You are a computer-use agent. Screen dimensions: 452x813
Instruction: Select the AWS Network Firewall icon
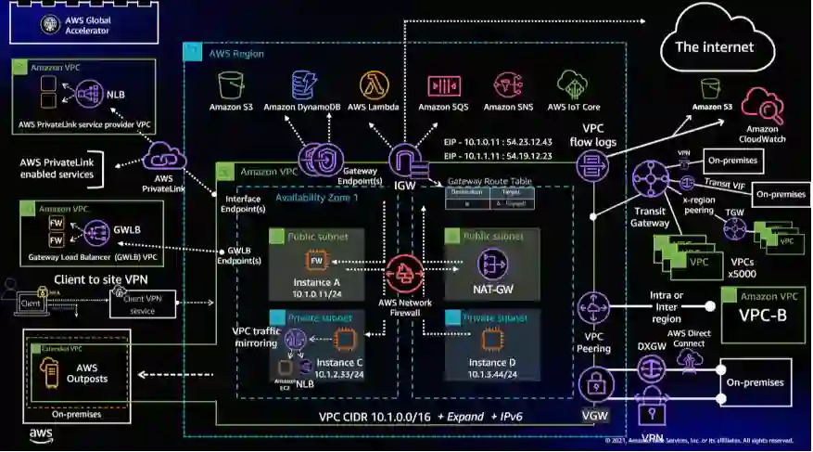click(x=405, y=274)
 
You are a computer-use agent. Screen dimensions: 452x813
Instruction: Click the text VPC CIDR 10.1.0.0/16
click(x=372, y=416)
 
